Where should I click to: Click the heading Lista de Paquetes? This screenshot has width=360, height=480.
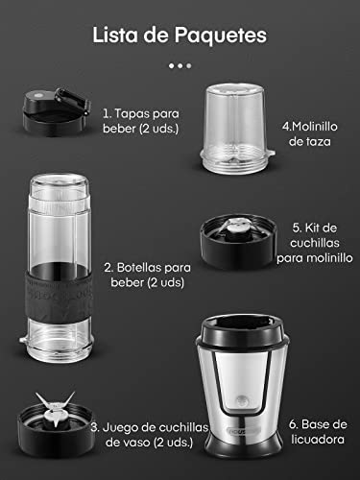180,35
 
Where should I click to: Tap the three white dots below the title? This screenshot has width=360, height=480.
180,65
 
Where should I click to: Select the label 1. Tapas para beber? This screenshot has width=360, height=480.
139,120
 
